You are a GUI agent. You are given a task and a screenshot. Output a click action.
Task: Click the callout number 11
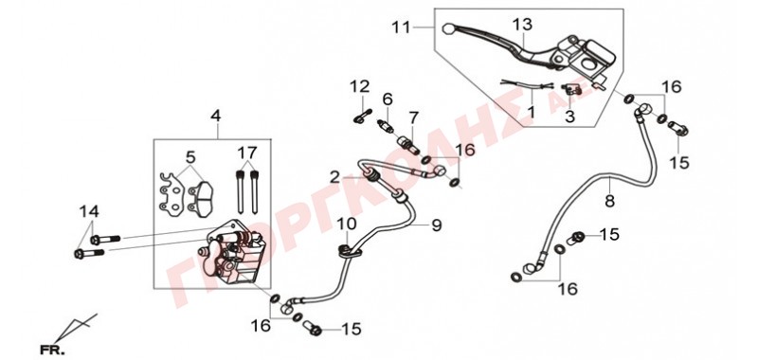click(401, 27)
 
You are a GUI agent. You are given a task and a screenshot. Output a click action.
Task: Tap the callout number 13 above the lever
click(522, 25)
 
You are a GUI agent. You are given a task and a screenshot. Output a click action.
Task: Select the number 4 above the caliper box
click(216, 116)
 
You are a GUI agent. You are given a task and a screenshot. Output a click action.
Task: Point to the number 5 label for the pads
click(190, 157)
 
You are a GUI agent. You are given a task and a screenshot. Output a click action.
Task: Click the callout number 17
click(246, 153)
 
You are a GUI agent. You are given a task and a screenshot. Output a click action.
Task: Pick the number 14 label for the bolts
click(89, 211)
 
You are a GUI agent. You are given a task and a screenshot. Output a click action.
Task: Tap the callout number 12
click(360, 87)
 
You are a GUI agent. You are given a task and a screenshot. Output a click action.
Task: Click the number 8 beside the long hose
click(609, 201)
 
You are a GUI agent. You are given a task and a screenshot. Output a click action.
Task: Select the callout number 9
click(437, 225)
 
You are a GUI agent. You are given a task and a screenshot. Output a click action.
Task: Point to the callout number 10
click(347, 225)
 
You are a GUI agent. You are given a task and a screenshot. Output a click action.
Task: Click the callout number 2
click(336, 178)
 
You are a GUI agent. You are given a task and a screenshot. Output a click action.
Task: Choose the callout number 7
click(413, 117)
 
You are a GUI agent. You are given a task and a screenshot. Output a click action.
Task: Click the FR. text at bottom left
click(52, 350)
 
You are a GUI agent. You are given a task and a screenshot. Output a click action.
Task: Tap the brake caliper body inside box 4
click(229, 254)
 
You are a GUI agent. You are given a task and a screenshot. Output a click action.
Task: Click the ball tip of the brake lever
click(447, 27)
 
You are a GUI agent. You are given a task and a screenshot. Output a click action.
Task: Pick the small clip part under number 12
click(362, 117)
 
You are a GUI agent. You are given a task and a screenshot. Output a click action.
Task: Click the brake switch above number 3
click(571, 89)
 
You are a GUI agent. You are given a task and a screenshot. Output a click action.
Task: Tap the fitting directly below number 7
click(407, 143)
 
